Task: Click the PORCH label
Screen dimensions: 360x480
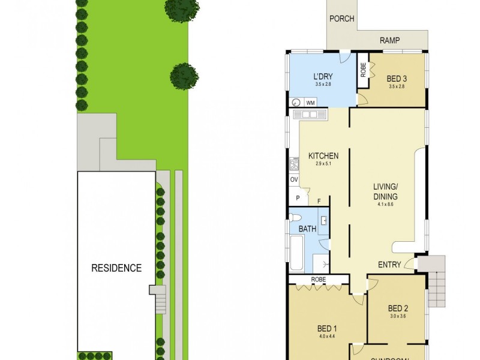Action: pos(342,19)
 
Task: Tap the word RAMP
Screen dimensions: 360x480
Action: pos(390,41)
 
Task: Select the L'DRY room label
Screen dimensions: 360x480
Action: pos(323,77)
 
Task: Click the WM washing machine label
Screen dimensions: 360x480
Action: pos(310,103)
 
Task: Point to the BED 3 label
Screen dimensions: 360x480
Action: pos(397,79)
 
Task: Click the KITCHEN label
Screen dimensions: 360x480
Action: pos(323,156)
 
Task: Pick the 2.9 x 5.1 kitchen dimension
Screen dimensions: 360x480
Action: pos(323,164)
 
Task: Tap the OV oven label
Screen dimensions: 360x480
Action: pos(294,179)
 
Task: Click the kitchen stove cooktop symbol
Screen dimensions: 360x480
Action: pos(294,164)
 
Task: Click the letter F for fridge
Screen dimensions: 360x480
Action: pos(319,202)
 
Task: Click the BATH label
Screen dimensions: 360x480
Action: pos(307,229)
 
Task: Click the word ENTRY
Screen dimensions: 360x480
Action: pos(389,265)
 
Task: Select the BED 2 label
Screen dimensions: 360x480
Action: pos(397,308)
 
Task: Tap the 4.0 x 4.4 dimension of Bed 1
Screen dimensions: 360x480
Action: pos(327,337)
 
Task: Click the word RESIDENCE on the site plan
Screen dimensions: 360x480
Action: pos(116,268)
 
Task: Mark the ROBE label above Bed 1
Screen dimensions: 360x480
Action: pos(318,280)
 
